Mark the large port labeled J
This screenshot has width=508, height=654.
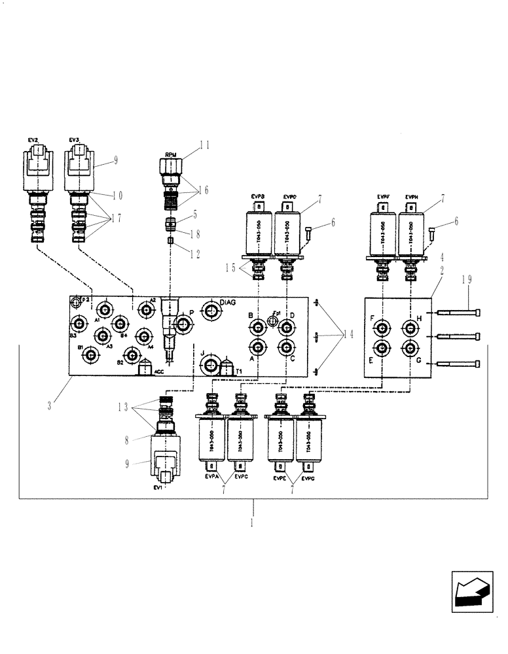[x=210, y=364]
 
